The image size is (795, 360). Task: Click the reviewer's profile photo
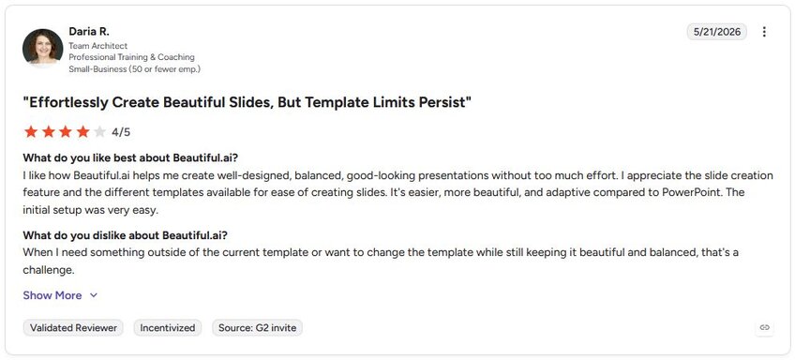click(42, 48)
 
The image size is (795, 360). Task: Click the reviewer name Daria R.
click(89, 32)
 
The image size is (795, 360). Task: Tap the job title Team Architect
click(97, 46)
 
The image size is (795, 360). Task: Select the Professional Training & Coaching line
click(132, 57)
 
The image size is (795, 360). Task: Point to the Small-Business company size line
click(134, 69)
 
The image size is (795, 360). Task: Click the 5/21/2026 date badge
click(717, 32)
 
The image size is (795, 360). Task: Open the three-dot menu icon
click(764, 32)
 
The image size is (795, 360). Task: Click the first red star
click(31, 132)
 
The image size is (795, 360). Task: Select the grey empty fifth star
click(100, 132)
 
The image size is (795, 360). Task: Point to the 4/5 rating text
click(121, 132)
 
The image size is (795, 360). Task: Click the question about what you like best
click(130, 157)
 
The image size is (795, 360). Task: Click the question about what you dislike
click(125, 235)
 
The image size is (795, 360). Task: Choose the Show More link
click(60, 295)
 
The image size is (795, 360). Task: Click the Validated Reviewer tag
click(73, 328)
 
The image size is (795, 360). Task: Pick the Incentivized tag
click(168, 328)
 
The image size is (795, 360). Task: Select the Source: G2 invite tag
click(258, 328)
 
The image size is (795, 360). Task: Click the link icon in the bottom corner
click(765, 327)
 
